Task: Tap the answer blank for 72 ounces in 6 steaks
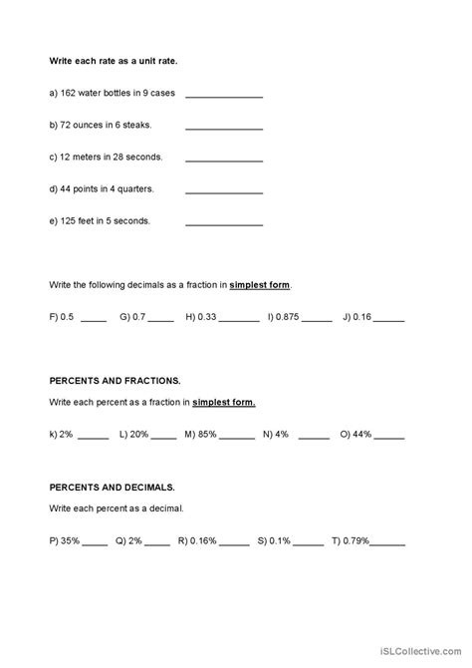pyautogui.click(x=224, y=128)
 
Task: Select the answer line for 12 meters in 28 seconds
pyautogui.click(x=224, y=159)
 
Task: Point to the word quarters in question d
pyautogui.click(x=130, y=189)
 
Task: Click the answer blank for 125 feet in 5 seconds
pyautogui.click(x=224, y=221)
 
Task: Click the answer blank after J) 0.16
pyautogui.click(x=389, y=320)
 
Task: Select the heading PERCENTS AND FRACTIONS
pyautogui.click(x=115, y=381)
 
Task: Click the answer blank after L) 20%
pyautogui.click(x=165, y=437)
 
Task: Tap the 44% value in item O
pyautogui.click(x=361, y=434)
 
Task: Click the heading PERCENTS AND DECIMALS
pyautogui.click(x=112, y=488)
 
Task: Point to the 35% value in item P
pyautogui.click(x=70, y=541)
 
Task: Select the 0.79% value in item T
pyautogui.click(x=356, y=541)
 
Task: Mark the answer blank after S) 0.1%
pyautogui.click(x=309, y=544)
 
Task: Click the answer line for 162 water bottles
pyautogui.click(x=224, y=97)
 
